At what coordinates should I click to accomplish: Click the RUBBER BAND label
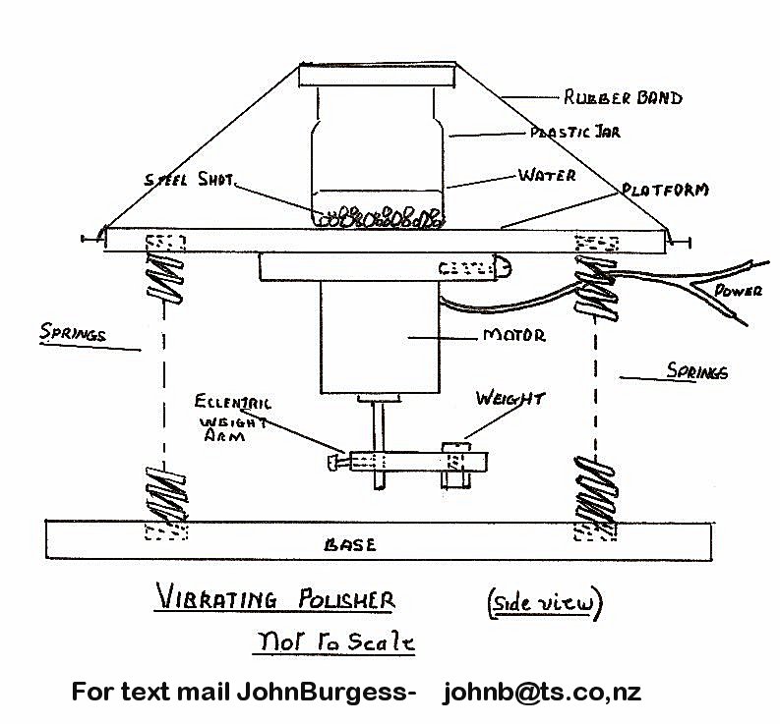click(623, 97)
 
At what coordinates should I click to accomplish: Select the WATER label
click(546, 176)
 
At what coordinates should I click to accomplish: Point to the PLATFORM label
click(665, 189)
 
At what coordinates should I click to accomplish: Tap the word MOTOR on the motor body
click(512, 336)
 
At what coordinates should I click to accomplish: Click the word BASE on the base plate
click(350, 544)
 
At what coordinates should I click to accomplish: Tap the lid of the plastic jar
click(379, 75)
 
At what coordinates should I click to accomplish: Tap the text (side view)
click(543, 603)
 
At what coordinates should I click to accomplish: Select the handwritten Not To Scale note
click(333, 642)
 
